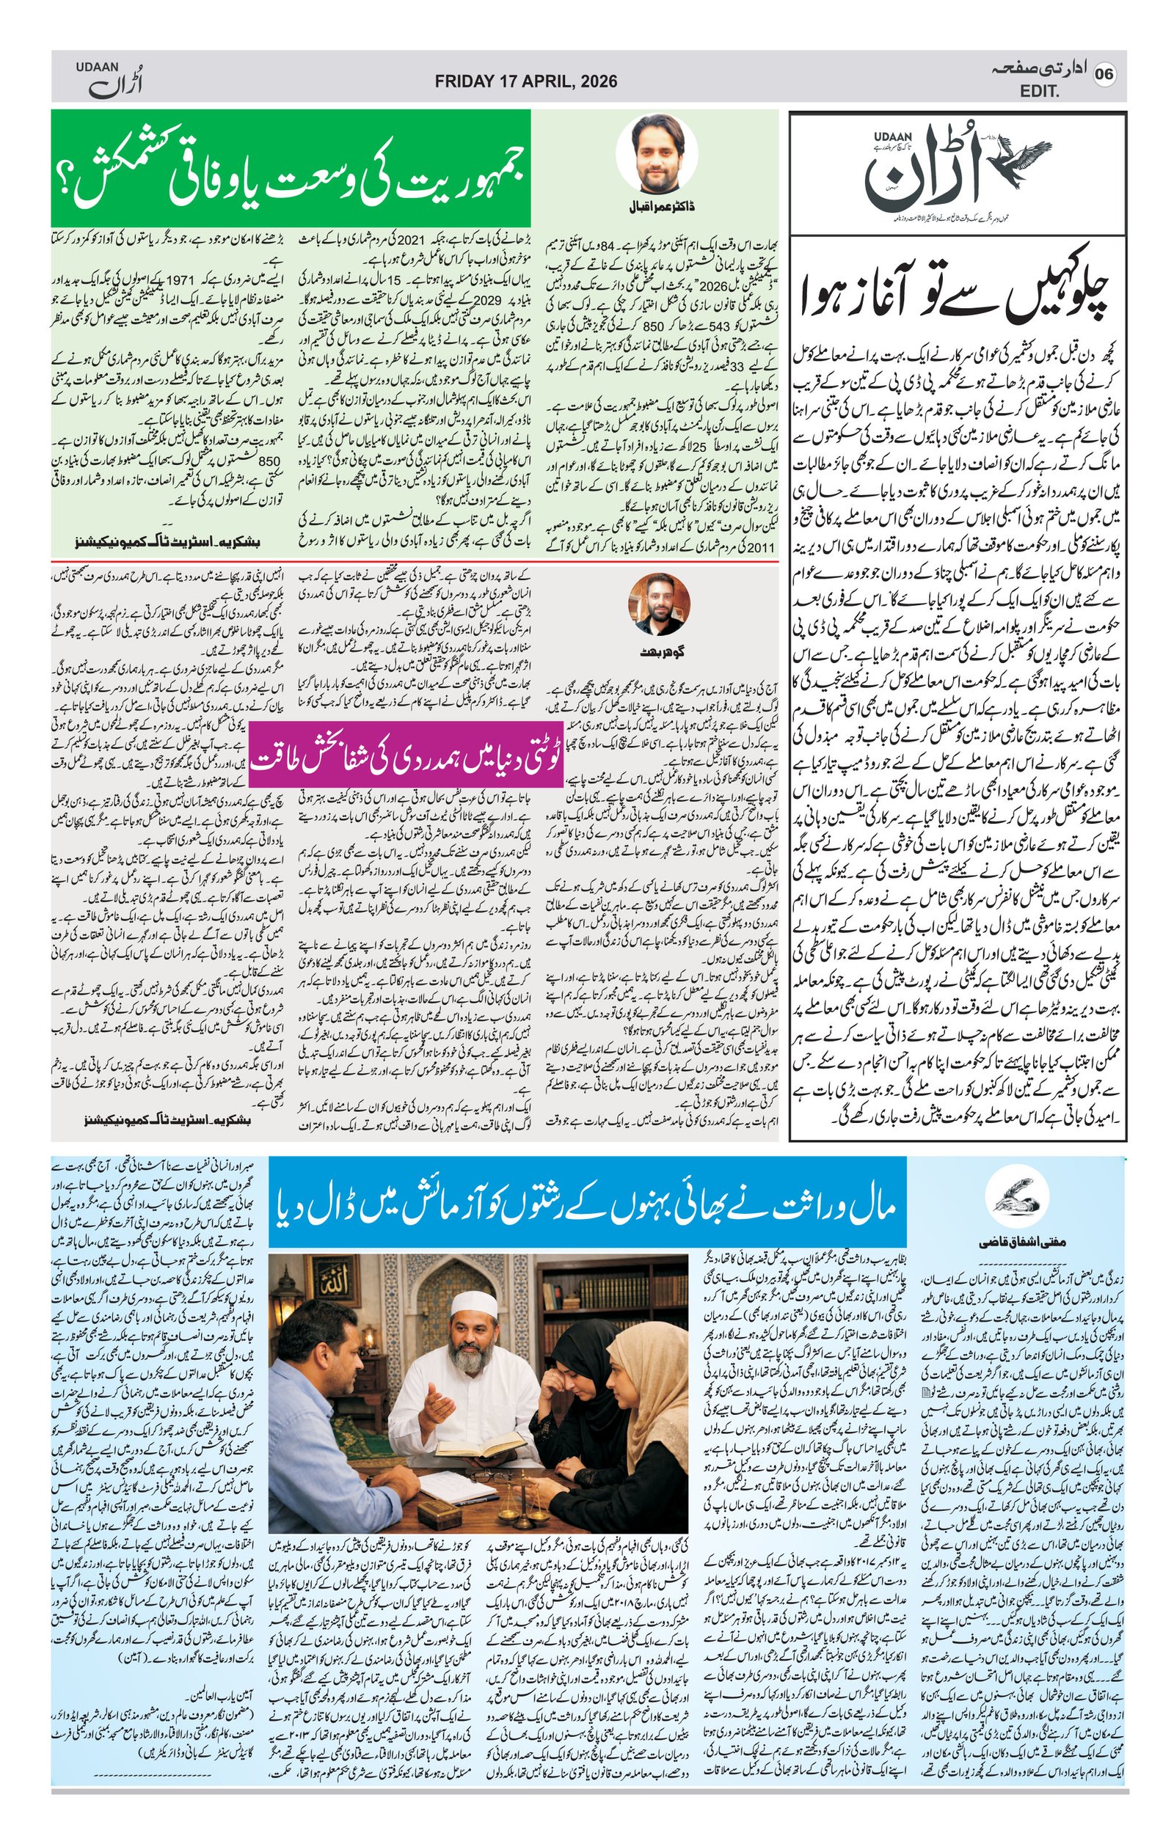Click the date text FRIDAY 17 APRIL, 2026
point(525,81)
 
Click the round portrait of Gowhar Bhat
point(658,603)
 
